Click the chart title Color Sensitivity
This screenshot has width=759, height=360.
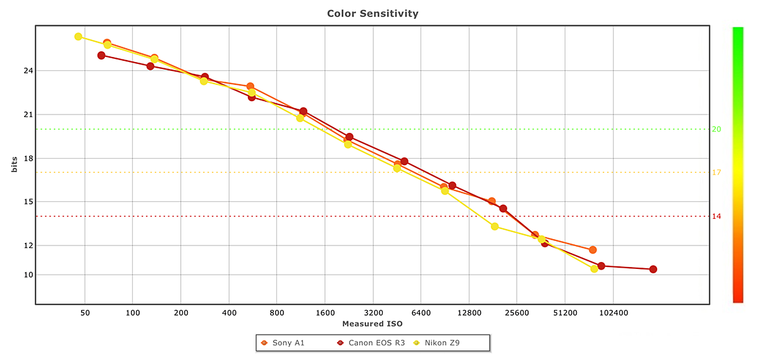click(373, 13)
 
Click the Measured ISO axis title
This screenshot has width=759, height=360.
click(373, 323)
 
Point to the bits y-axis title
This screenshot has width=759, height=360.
click(13, 164)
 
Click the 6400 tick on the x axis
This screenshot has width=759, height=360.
click(421, 313)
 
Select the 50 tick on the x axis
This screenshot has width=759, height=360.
click(85, 313)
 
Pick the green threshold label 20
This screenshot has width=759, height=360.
click(717, 129)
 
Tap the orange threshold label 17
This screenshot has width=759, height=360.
click(717, 172)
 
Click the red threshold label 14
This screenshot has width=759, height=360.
click(717, 216)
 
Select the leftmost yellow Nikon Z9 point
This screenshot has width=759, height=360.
click(78, 37)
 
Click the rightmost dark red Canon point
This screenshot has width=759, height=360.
click(653, 270)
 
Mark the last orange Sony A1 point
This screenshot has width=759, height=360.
click(593, 250)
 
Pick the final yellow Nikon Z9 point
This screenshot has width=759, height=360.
click(595, 269)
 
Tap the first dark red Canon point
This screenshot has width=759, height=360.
click(101, 56)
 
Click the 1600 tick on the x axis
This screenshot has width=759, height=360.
click(324, 313)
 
